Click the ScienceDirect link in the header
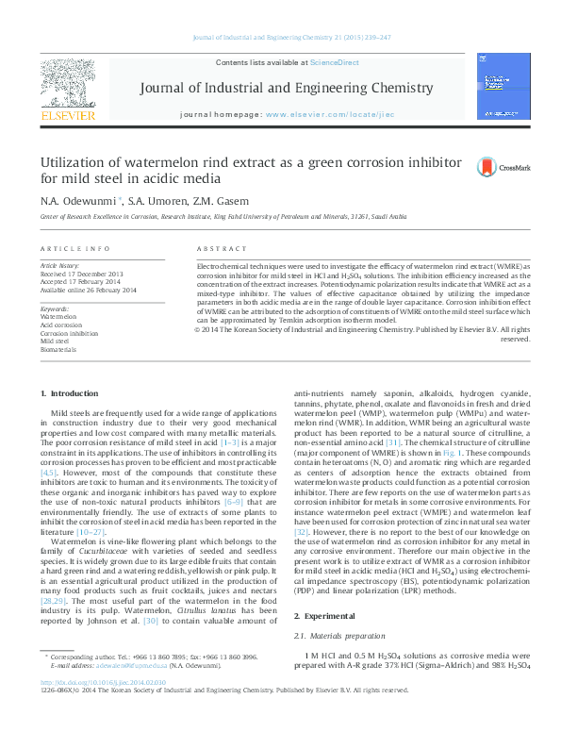[335, 62]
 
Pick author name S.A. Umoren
[140, 201]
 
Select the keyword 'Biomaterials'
[58, 349]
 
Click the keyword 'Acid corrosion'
[61, 325]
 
